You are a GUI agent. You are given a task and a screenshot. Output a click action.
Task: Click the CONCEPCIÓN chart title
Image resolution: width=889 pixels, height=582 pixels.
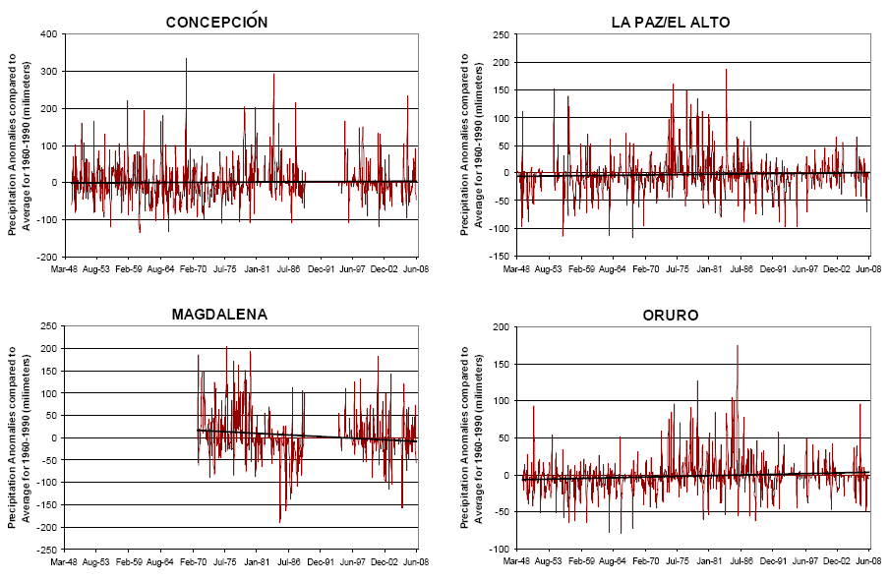pyautogui.click(x=215, y=22)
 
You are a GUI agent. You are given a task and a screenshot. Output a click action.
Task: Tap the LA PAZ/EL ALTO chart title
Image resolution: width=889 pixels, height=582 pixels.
pyautogui.click(x=669, y=22)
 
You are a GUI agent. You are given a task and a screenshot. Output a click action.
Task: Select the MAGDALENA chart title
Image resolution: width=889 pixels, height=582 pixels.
pyautogui.click(x=218, y=315)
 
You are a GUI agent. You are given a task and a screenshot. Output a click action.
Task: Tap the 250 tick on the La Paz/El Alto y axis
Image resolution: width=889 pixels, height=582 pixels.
pyautogui.click(x=501, y=34)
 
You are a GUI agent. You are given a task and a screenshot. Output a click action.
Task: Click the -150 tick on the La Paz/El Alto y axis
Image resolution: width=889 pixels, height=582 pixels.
pyautogui.click(x=499, y=257)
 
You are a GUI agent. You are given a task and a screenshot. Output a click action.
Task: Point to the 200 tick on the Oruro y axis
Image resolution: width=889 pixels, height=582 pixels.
pyautogui.click(x=501, y=327)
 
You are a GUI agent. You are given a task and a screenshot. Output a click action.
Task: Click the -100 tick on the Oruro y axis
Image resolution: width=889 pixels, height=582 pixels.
pyautogui.click(x=499, y=550)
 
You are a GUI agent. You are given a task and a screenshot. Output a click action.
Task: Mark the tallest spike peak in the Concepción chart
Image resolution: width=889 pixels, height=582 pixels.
pyautogui.click(x=186, y=59)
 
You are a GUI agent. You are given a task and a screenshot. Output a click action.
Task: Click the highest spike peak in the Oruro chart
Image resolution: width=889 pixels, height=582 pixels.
pyautogui.click(x=737, y=346)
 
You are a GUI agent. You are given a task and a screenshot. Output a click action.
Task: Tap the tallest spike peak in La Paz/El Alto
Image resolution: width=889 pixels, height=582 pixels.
pyautogui.click(x=727, y=69)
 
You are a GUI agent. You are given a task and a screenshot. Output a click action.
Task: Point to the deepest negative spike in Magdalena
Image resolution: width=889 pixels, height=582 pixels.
pyautogui.click(x=280, y=521)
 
